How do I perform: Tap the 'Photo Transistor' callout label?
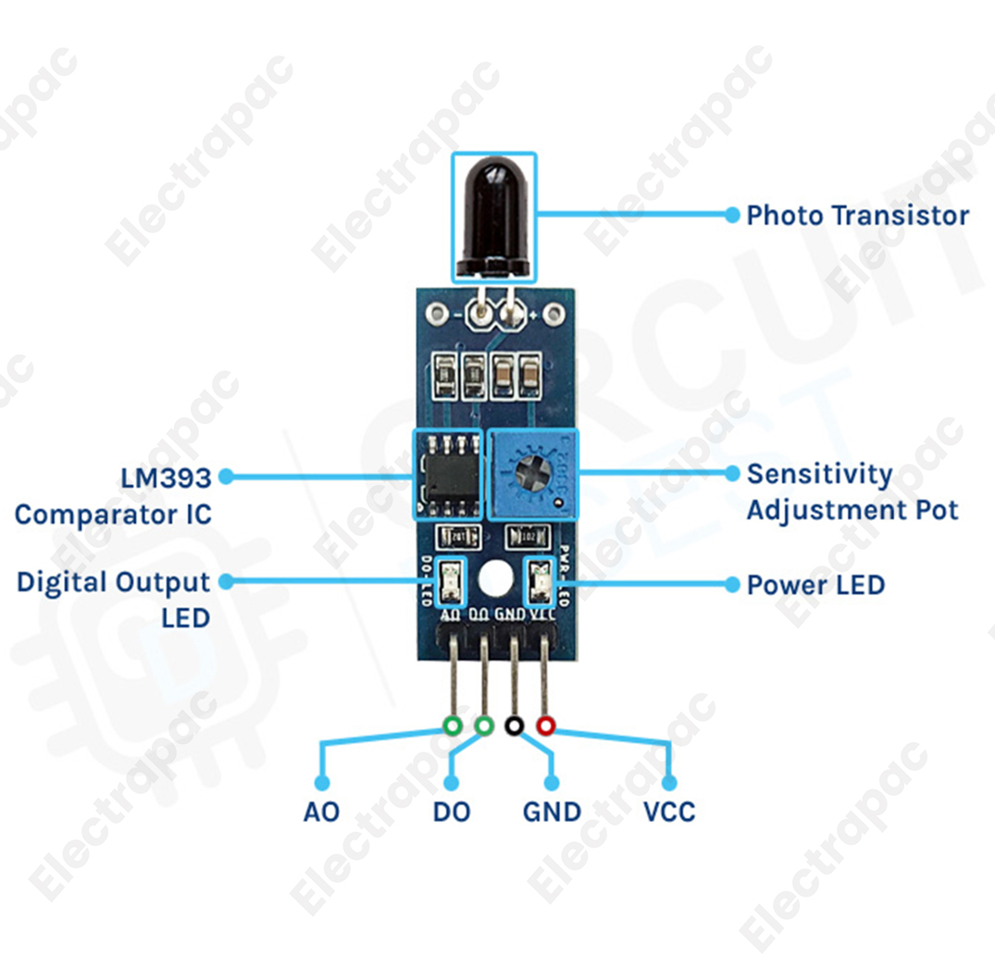pos(857,216)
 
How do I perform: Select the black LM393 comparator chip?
pos(448,474)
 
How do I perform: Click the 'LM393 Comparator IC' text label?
pos(114,495)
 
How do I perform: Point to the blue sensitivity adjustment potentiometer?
pos(532,474)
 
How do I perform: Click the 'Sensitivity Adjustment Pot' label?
pos(852,491)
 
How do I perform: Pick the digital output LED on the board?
pos(452,583)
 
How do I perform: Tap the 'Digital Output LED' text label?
pos(114,599)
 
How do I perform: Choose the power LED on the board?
pos(537,583)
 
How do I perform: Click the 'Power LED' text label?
pos(815,585)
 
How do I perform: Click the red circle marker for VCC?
pos(545,726)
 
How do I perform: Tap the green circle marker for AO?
pos(453,726)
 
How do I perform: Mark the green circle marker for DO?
pos(483,726)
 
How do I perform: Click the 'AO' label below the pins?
pos(321,813)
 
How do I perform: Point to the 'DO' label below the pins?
pos(452,813)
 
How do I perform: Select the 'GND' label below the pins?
pos(552,813)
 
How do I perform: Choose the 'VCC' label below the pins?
pos(669,813)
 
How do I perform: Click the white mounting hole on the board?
pos(495,579)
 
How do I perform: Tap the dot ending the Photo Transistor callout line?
pos(731,215)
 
